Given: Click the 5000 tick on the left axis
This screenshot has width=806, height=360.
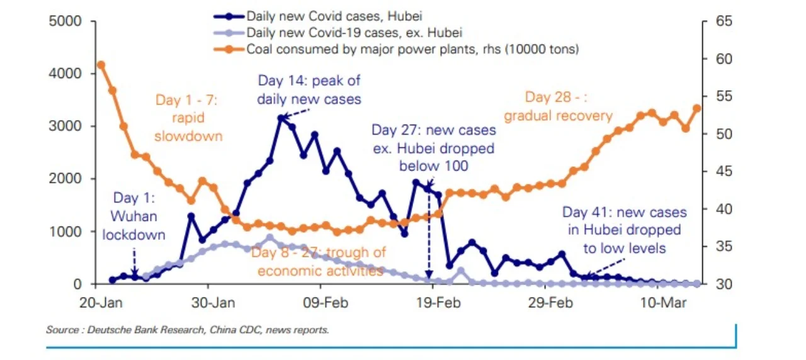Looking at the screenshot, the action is (x=65, y=21).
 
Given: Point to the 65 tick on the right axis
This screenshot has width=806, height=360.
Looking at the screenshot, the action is (x=724, y=21).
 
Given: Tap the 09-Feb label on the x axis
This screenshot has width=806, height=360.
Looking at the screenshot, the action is (x=326, y=303).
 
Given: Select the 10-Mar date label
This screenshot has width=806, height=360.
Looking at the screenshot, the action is (x=663, y=303).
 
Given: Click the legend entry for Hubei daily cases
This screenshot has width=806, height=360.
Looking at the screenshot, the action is (x=318, y=16).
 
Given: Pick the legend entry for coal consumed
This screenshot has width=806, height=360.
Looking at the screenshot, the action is (x=396, y=49).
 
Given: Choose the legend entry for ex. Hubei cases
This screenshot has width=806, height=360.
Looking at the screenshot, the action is (x=338, y=33).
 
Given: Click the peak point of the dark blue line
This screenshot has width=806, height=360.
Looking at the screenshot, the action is (x=281, y=118).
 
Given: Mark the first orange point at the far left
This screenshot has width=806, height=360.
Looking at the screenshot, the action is (x=101, y=65).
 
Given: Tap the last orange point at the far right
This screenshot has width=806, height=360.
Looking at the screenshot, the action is (x=696, y=108).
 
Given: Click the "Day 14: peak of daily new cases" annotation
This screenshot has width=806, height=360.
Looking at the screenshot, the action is (x=309, y=90).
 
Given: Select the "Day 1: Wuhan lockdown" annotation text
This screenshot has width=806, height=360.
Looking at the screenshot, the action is (x=134, y=216).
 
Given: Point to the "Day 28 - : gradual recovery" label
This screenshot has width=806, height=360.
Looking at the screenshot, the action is (x=558, y=106).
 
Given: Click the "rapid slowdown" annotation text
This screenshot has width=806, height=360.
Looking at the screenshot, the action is (x=188, y=127).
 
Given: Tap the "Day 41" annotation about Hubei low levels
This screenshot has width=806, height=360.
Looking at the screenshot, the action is (x=625, y=230).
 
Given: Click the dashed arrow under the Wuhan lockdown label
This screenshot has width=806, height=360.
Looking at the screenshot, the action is (x=134, y=262).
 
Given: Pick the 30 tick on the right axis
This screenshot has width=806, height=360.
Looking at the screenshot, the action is (x=724, y=284).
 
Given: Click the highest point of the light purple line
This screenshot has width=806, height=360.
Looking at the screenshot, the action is (x=270, y=238).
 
